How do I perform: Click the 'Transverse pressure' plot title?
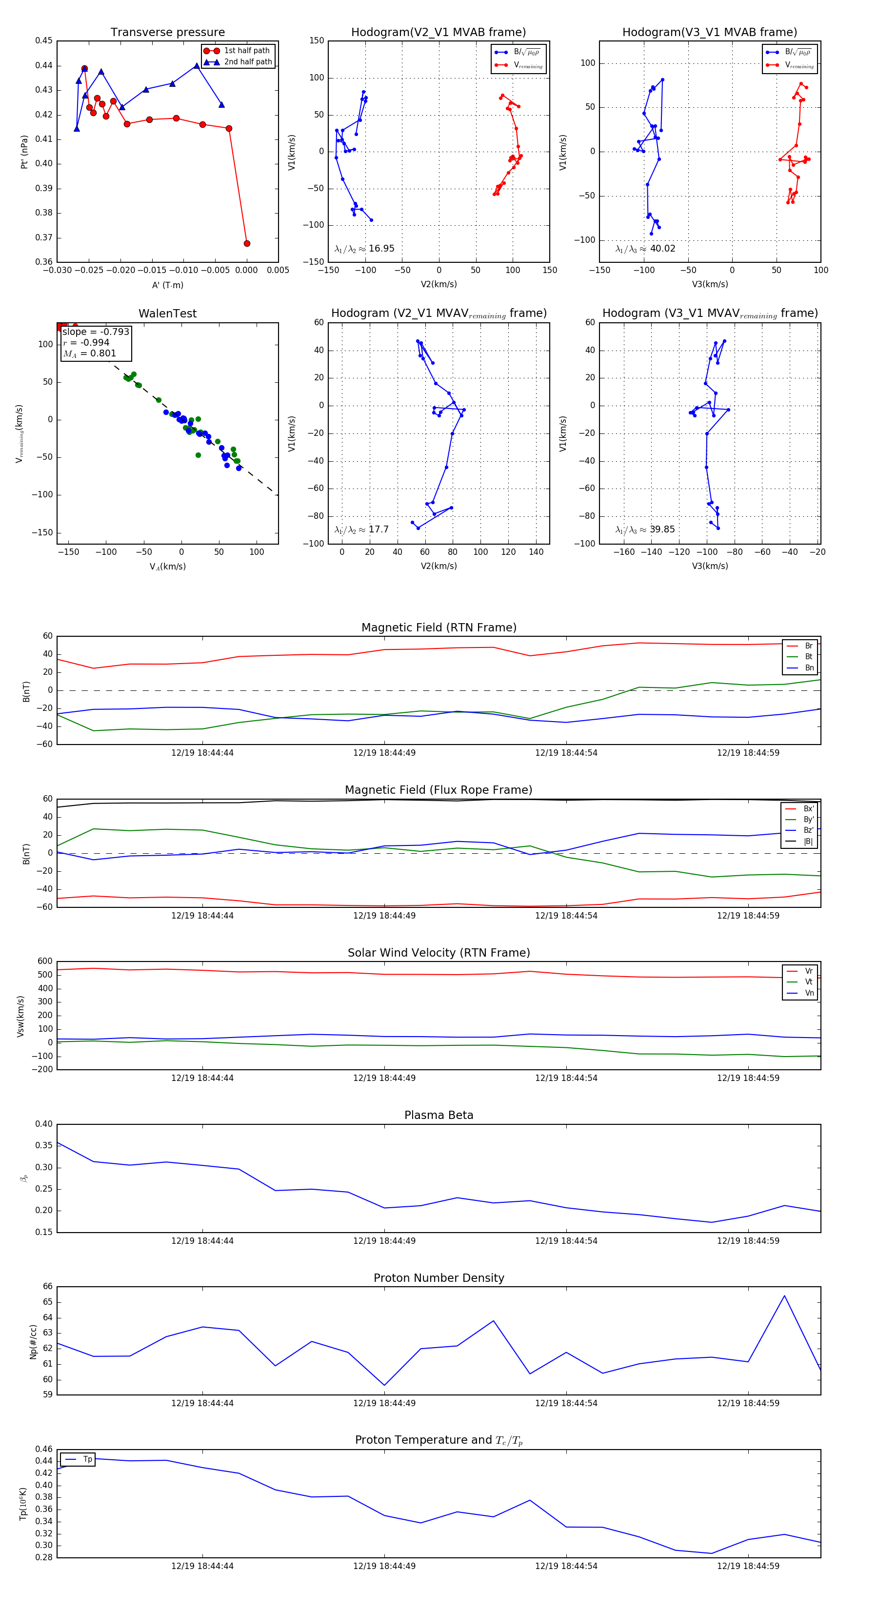pos(167,33)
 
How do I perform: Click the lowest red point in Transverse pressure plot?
pos(247,244)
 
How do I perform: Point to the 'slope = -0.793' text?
pos(96,332)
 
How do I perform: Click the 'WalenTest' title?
pos(167,314)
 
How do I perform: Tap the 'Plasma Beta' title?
pos(439,1115)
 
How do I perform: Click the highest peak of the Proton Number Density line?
pos(784,1296)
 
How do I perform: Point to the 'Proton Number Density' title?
pos(439,1278)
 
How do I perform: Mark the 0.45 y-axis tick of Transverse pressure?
pos(44,40)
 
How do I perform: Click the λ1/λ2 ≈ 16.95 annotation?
pos(364,249)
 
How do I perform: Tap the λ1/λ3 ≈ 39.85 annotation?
pos(645,530)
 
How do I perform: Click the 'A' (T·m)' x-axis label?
pos(167,285)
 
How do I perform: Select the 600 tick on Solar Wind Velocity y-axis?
pos(45,961)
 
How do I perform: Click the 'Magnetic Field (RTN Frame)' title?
pos(439,627)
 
